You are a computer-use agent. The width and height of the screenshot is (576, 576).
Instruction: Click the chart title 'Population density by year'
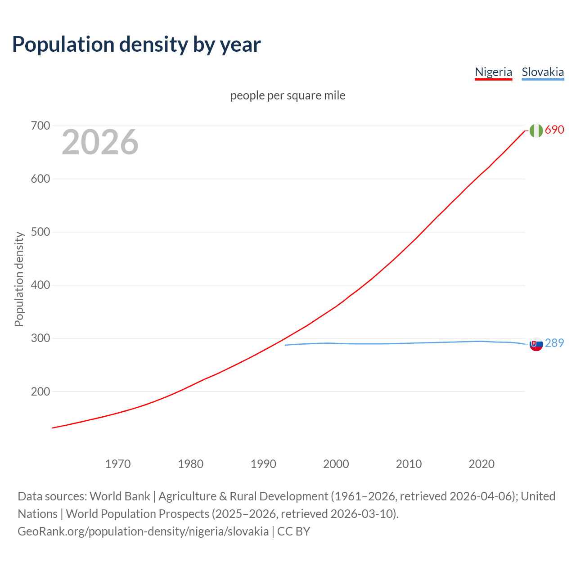tap(136, 44)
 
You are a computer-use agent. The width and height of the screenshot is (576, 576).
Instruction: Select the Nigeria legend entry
tap(493, 72)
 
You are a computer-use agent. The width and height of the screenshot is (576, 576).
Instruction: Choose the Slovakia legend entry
tap(543, 72)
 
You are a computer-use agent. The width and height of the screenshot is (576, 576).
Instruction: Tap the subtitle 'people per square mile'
tap(288, 95)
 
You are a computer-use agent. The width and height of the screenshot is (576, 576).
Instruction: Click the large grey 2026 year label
tap(100, 142)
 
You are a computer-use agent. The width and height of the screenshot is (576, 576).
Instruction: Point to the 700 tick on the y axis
tap(40, 126)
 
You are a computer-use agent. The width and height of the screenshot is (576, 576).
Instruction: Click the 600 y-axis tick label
tap(40, 179)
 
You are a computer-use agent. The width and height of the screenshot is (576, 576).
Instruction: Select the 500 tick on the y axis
tap(40, 232)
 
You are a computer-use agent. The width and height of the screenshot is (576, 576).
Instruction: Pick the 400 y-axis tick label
tap(40, 285)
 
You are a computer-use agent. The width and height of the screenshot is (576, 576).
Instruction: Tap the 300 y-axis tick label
tap(40, 338)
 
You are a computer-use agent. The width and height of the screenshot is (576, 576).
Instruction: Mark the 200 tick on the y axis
tap(40, 391)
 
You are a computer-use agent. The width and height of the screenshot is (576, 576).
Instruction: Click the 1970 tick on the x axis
tap(118, 463)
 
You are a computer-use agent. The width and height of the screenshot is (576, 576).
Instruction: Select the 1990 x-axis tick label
tap(263, 463)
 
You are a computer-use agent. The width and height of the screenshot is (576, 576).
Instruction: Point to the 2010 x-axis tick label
tap(409, 463)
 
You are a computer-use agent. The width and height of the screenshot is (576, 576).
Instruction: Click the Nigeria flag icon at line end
tap(536, 130)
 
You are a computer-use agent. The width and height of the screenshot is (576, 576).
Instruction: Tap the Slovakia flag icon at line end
tap(536, 344)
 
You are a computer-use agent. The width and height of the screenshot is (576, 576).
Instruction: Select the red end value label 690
tap(554, 130)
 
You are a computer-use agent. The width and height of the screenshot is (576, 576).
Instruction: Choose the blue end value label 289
tap(554, 343)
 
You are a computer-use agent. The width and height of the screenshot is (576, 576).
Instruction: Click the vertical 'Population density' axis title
tap(19, 279)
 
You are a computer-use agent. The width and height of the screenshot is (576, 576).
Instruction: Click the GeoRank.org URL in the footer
tap(143, 531)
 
